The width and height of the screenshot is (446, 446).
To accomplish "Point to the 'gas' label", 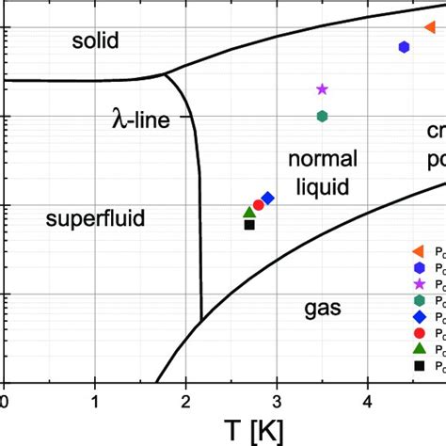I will point(322,307).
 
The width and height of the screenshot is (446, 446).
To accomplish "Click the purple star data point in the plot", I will point(322,89).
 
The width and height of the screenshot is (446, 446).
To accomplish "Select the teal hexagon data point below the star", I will point(322,116).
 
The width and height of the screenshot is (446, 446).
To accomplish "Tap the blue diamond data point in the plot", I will point(268,199).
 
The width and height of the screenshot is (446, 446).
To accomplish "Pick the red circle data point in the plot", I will point(259,204).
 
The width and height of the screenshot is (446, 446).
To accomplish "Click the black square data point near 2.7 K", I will point(249,225).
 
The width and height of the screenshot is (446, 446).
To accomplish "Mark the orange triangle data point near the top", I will point(429,27).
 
